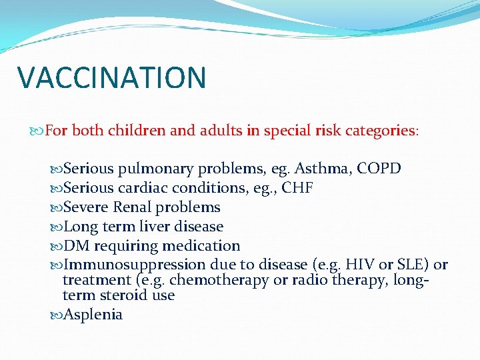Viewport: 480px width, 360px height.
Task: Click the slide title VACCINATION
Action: pos(112,77)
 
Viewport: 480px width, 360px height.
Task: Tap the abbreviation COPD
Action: pos(379,169)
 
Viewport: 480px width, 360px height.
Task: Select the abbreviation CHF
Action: pos(298,188)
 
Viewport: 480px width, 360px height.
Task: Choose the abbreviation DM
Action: pos(74,246)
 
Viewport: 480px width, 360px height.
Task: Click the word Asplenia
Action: pos(93,315)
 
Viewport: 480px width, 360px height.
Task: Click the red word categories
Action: pos(379,131)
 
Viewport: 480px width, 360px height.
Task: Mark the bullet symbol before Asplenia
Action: pos(56,315)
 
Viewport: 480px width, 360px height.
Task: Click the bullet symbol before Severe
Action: pos(56,207)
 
